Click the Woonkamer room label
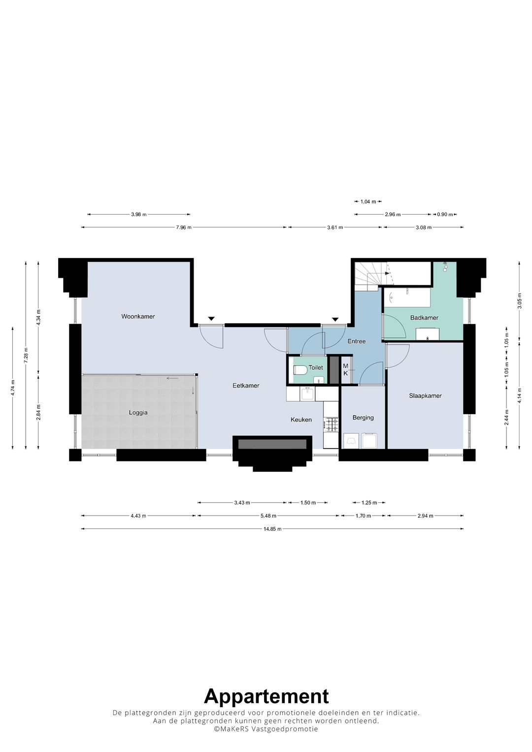[138, 317]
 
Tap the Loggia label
[138, 413]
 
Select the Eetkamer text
[246, 386]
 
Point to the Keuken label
[301, 420]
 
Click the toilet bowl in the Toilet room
[300, 370]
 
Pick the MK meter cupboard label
[345, 370]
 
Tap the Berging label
[363, 418]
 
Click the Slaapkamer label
[425, 396]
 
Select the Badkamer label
[424, 318]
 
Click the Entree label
[357, 341]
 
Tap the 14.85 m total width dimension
[272, 529]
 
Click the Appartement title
[266, 696]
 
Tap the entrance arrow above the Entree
[335, 319]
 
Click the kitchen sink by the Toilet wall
[308, 394]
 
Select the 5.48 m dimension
[268, 516]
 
